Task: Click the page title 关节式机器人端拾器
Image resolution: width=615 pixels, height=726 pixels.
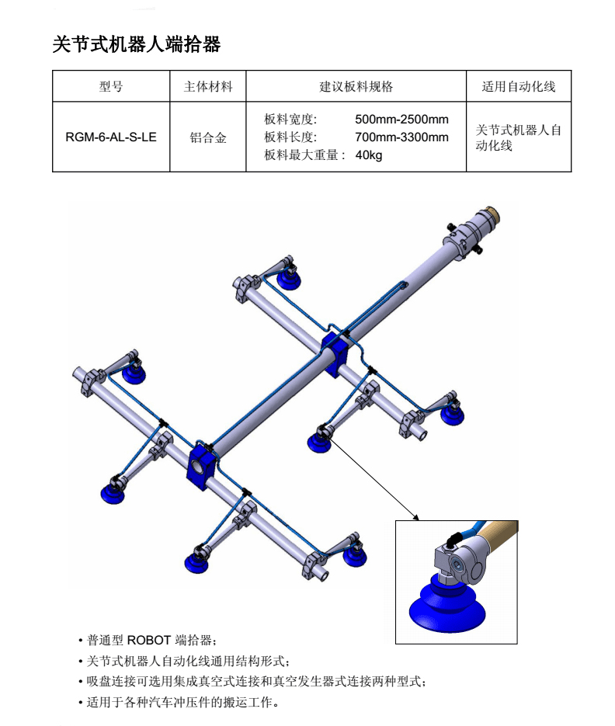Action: pyautogui.click(x=136, y=45)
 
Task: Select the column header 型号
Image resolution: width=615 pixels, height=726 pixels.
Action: pyautogui.click(x=111, y=87)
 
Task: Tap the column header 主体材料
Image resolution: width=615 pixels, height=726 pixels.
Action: pyautogui.click(x=207, y=87)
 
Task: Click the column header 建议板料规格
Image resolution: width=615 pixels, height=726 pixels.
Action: pyautogui.click(x=356, y=87)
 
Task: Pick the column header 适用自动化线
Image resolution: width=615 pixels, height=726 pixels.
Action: pyautogui.click(x=518, y=87)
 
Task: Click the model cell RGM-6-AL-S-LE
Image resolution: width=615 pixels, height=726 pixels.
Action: pyautogui.click(x=111, y=137)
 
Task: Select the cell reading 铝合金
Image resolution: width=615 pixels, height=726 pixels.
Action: pyautogui.click(x=207, y=137)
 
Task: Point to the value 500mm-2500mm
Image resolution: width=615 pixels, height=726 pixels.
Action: pyautogui.click(x=401, y=120)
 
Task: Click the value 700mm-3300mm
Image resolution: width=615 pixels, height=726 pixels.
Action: pyautogui.click(x=401, y=137)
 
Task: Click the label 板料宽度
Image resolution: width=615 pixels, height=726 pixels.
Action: pyautogui.click(x=290, y=120)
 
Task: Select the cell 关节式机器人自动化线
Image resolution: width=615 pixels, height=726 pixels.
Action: pyautogui.click(x=518, y=137)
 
